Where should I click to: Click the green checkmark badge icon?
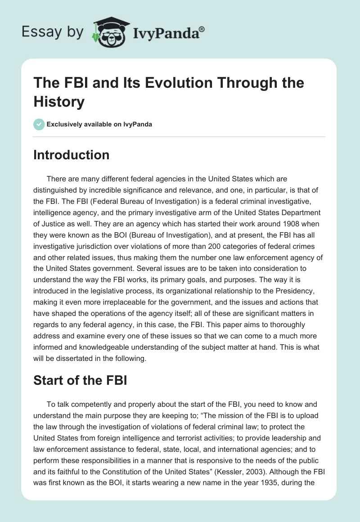pyautogui.click(x=39, y=124)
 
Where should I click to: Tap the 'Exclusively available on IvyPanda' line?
pyautogui.click(x=99, y=124)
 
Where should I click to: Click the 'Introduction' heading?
pyautogui.click(x=72, y=155)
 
